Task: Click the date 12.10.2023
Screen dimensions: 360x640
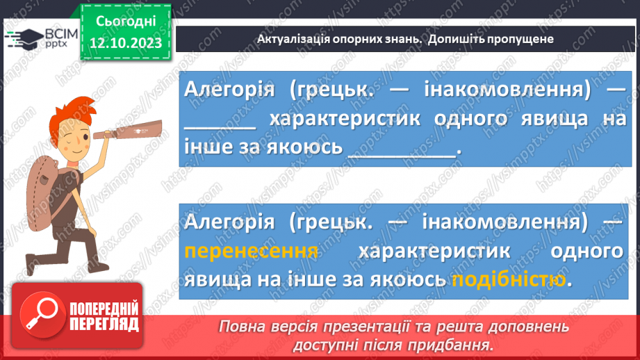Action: (126, 43)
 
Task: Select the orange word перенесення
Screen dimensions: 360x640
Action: (252, 250)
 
